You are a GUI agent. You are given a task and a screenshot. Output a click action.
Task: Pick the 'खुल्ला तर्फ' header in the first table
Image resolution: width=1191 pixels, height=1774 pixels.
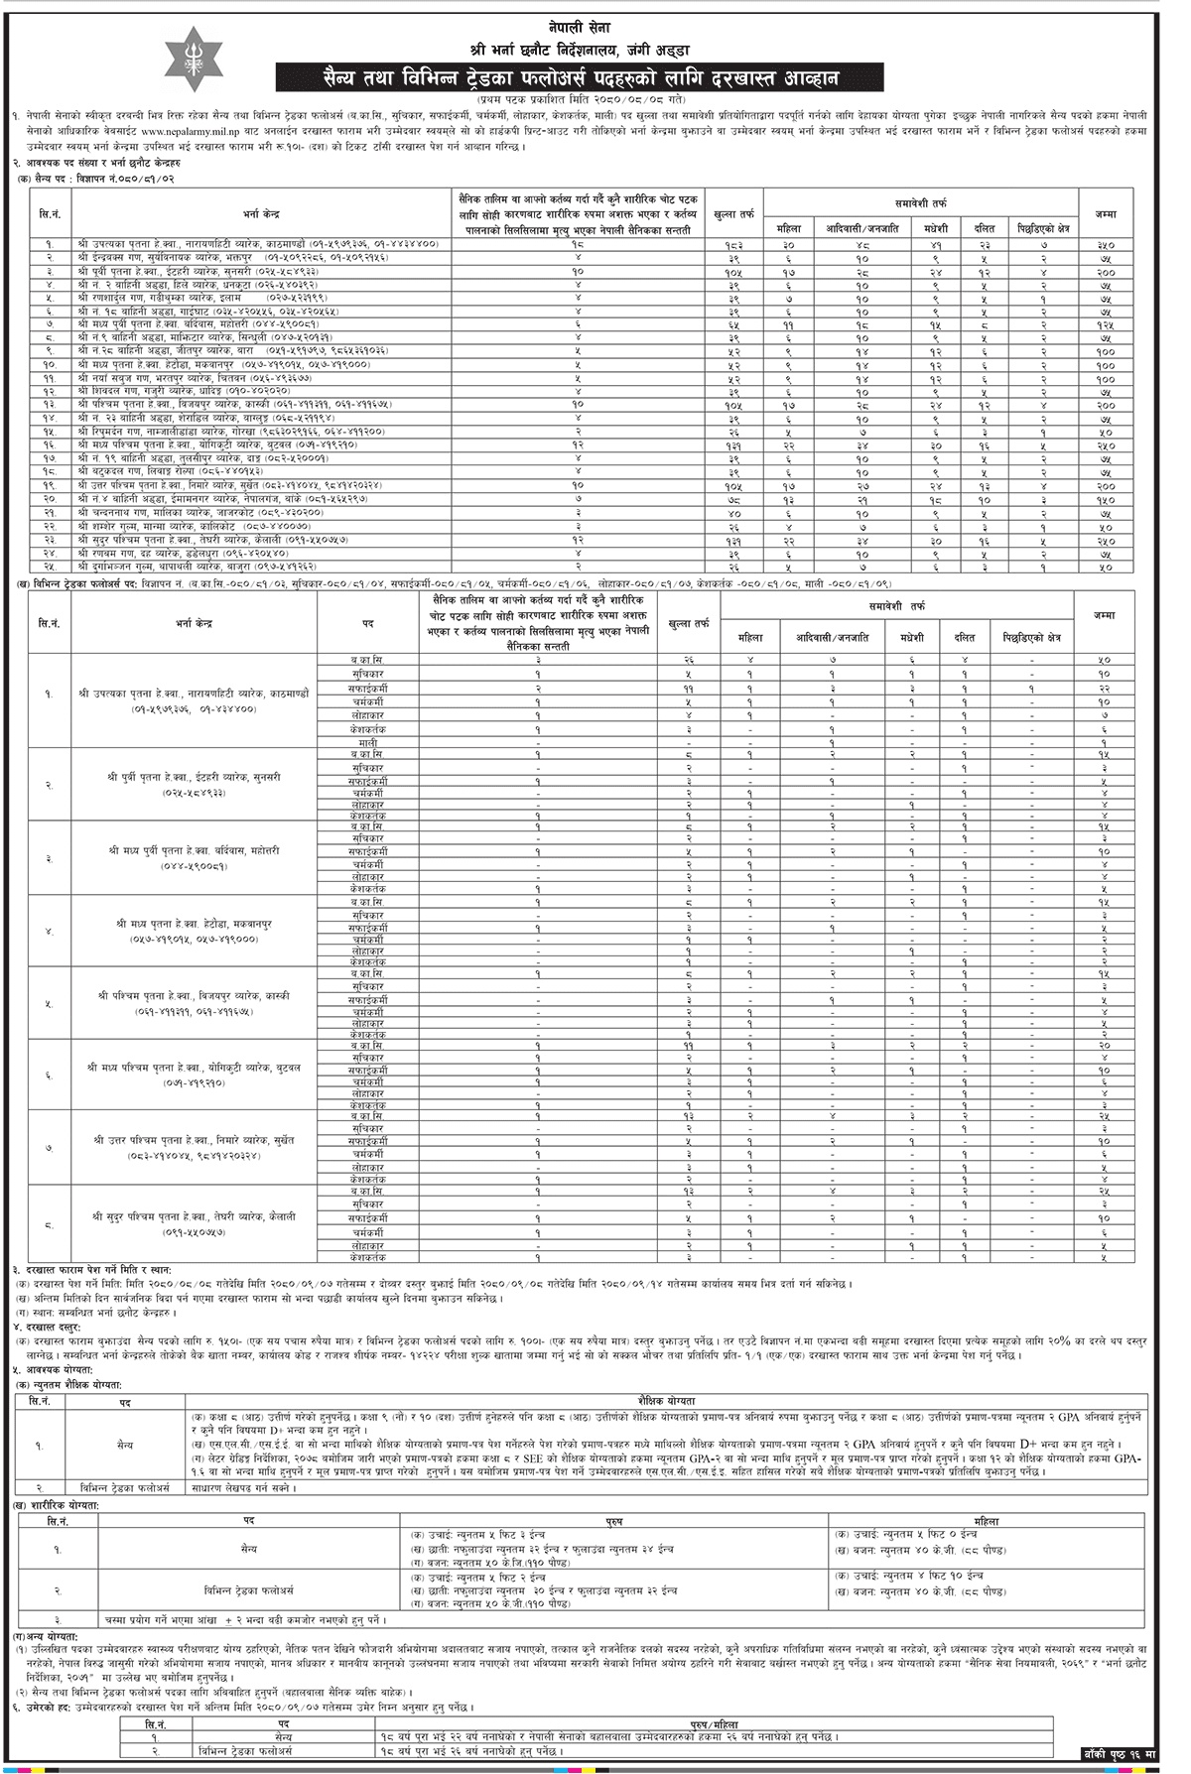(734, 212)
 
